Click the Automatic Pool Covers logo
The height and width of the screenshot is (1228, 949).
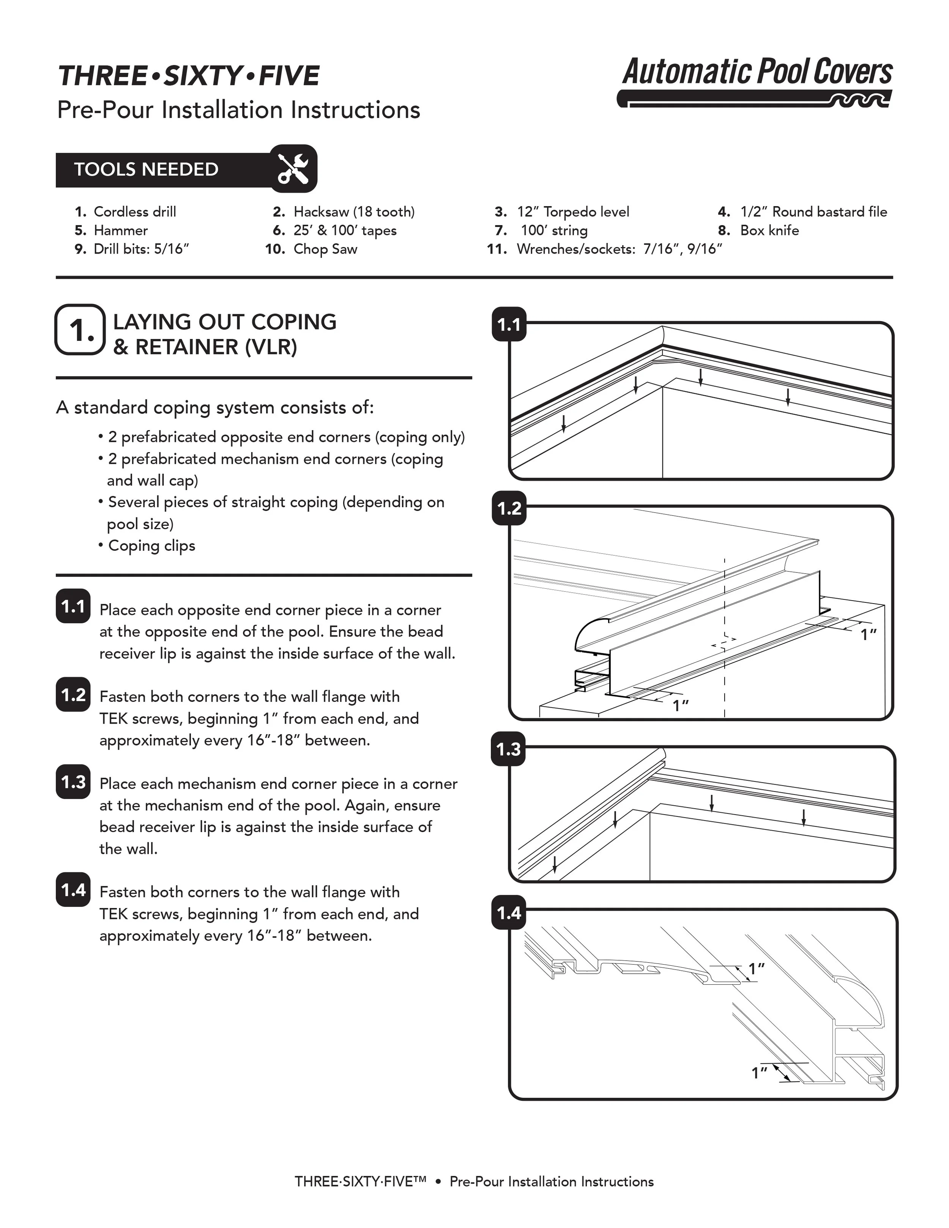(757, 82)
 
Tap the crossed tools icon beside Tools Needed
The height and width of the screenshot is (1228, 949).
(293, 169)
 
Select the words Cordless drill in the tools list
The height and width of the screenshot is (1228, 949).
(134, 212)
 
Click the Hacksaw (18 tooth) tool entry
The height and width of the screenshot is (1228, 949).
(354, 212)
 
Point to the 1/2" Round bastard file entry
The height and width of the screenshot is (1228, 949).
(813, 212)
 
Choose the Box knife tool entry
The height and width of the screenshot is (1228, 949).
(769, 230)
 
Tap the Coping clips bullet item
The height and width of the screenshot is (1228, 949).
(151, 546)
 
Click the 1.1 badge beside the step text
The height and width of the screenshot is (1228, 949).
(73, 607)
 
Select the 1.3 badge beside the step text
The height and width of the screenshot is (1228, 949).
(73, 782)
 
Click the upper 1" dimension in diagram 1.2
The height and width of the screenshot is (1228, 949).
(869, 635)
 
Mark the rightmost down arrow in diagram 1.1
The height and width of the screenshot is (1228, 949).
(788, 396)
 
